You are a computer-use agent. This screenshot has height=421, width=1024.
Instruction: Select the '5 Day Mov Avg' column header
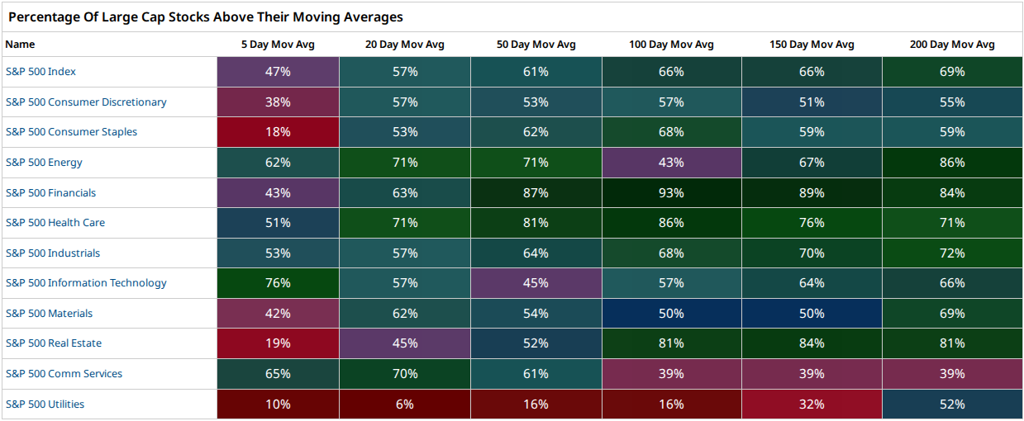click(278, 45)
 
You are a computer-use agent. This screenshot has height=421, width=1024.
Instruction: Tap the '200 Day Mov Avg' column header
click(952, 45)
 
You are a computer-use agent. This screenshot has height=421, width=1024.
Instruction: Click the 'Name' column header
click(20, 45)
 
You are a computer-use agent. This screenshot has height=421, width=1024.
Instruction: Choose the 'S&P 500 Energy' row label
click(44, 163)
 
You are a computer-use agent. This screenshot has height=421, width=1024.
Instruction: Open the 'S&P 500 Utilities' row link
click(45, 404)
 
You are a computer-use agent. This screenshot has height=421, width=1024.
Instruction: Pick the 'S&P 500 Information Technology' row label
click(86, 283)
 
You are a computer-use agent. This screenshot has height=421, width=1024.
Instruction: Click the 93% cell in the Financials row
click(672, 192)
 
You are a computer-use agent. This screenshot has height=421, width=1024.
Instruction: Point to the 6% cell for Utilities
click(405, 404)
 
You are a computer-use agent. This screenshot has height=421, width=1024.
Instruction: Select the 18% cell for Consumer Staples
click(278, 132)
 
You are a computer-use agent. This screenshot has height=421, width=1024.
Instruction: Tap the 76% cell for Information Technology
click(278, 283)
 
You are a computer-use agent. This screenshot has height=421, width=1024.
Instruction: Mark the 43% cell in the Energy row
click(672, 163)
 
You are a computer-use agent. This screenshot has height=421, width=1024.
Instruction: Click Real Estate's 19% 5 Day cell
click(278, 343)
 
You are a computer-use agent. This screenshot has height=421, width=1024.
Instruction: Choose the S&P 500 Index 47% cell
click(278, 72)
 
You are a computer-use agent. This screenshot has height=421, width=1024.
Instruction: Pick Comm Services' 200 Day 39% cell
click(952, 374)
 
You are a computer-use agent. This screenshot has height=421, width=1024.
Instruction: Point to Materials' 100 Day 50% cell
click(672, 313)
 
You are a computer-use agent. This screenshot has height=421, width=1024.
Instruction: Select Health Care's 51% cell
click(278, 223)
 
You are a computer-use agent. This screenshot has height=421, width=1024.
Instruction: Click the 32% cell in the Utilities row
click(812, 404)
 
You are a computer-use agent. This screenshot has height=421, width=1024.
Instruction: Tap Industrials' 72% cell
click(952, 253)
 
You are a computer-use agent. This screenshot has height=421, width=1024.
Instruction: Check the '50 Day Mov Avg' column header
click(536, 45)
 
